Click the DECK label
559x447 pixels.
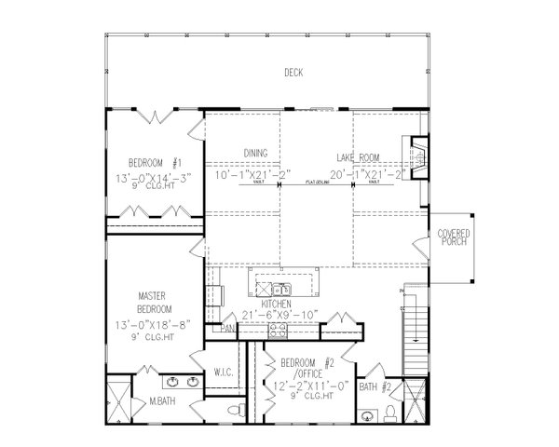click(293, 73)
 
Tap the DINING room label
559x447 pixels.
click(256, 152)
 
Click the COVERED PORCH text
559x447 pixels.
click(454, 238)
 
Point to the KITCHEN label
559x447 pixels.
click(278, 305)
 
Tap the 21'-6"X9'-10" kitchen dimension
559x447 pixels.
click(279, 316)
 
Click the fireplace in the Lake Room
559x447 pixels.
click(418, 156)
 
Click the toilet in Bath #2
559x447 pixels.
click(395, 412)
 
